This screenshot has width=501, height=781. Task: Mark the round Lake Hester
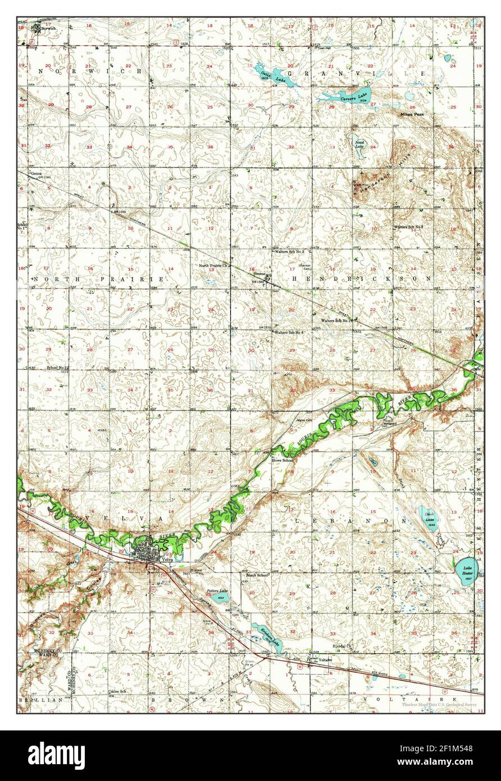(466, 568)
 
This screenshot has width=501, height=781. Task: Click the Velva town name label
(167, 560)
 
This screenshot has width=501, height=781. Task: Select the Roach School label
(258, 575)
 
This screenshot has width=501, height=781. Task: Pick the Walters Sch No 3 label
(289, 252)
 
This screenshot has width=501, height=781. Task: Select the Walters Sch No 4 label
(289, 333)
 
